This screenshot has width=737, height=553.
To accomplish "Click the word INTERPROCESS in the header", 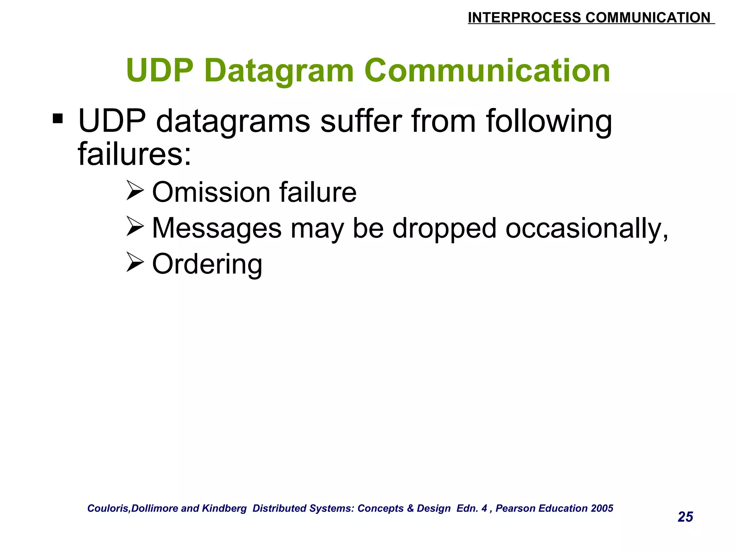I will [x=524, y=18].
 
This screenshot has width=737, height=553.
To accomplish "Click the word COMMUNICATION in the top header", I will [x=648, y=18].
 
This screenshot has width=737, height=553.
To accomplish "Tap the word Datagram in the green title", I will [x=279, y=71].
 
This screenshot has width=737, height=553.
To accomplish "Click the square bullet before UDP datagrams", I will [x=58, y=118].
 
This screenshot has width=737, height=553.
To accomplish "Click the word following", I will [x=549, y=122].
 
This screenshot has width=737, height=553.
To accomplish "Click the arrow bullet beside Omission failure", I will [x=135, y=191].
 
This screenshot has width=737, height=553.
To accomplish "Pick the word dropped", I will [x=444, y=229].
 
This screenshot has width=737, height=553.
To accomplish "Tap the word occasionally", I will [x=587, y=229].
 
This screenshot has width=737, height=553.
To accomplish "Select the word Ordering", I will [x=207, y=265].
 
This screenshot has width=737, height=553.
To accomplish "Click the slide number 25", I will [x=685, y=517].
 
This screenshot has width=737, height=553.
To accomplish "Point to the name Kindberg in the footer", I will [x=224, y=508].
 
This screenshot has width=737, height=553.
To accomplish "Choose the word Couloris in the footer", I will [x=108, y=508].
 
